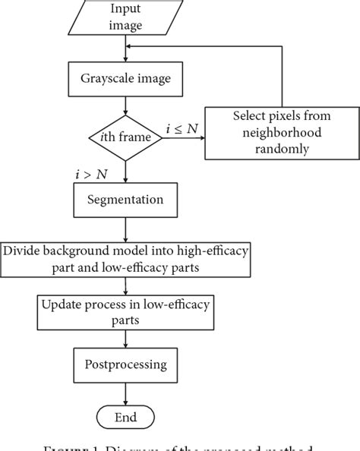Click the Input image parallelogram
(125, 19)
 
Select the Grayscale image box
(125, 77)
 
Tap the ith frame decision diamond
(125, 137)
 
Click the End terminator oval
(125, 417)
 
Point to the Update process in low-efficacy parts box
(125, 311)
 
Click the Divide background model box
(125, 258)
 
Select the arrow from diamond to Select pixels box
(182, 137)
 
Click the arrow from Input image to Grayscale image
(125, 49)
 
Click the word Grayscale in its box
(109, 77)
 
